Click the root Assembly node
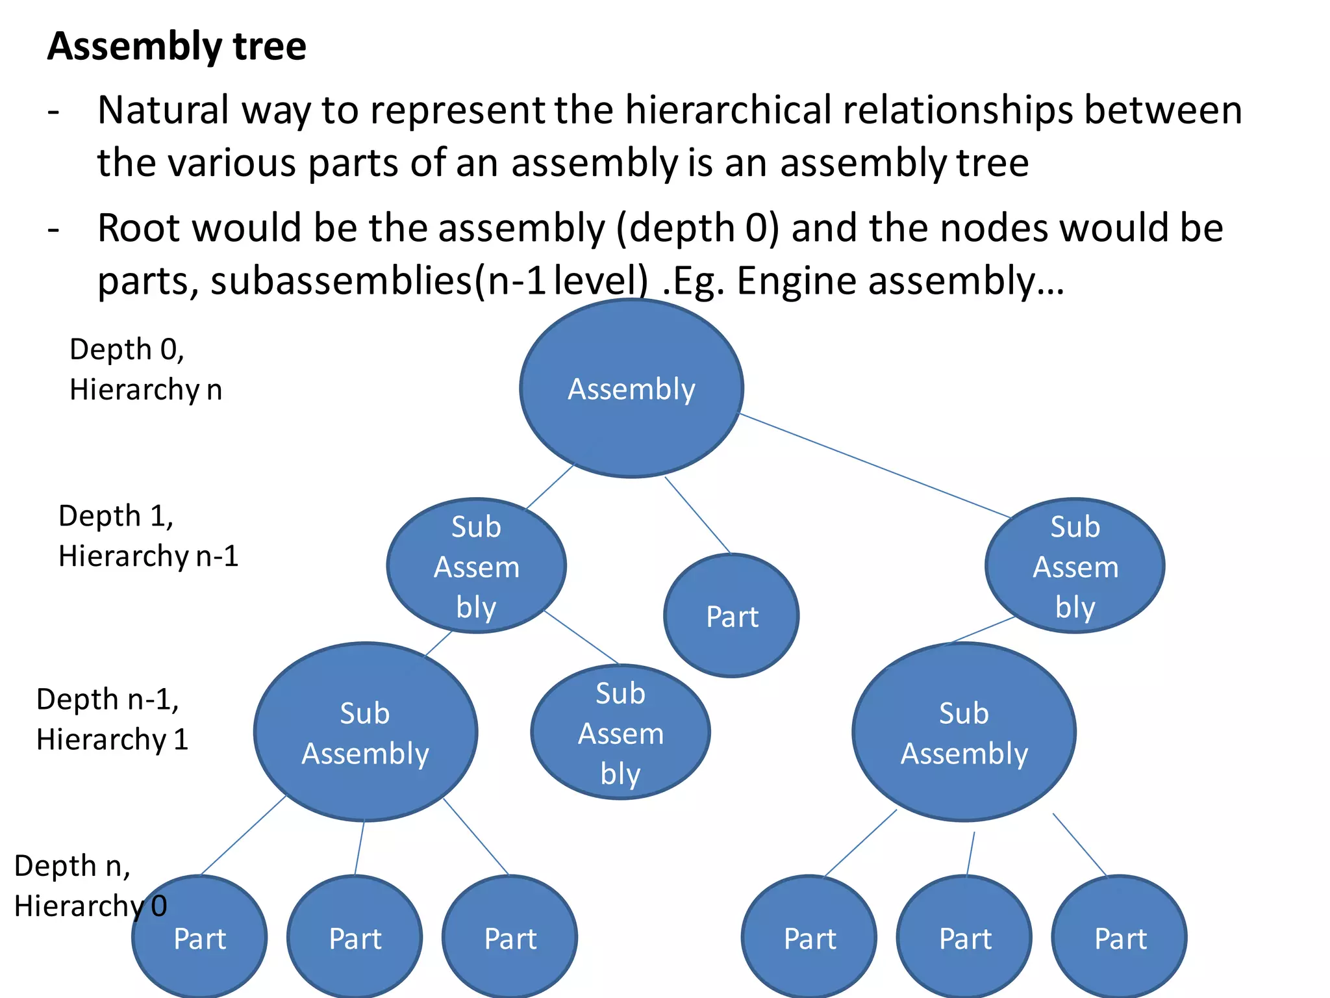click(631, 389)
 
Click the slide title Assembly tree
click(177, 47)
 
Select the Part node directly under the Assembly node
click(732, 616)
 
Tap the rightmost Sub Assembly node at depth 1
click(1075, 566)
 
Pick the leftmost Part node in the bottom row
click(200, 938)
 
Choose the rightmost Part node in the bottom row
click(1120, 938)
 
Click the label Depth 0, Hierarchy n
click(145, 369)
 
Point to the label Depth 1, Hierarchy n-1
click(148, 536)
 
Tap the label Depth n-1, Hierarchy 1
click(112, 719)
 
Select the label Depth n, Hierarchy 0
click(90, 886)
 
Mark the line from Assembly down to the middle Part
click(697, 515)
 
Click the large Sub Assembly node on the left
click(365, 733)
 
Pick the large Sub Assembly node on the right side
click(964, 733)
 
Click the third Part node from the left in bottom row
click(510, 938)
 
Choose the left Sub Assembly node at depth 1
click(476, 566)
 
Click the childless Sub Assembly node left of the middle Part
click(620, 733)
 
